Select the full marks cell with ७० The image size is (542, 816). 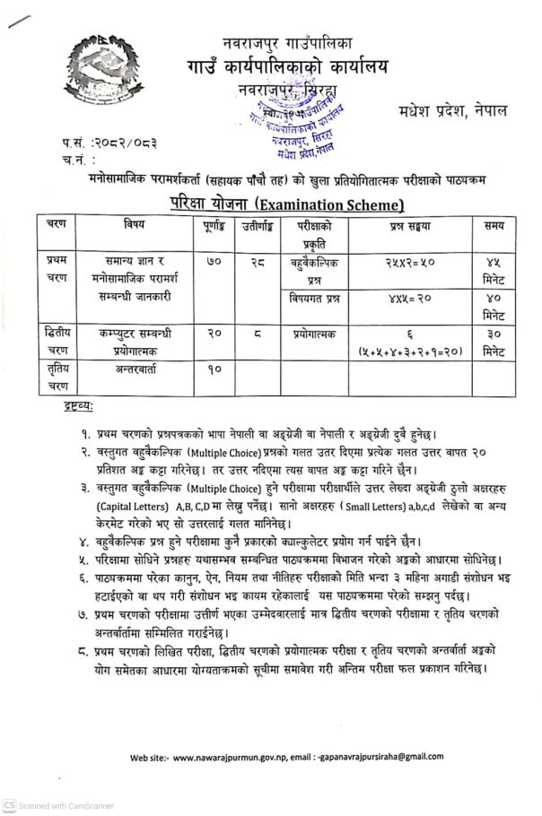[x=214, y=262]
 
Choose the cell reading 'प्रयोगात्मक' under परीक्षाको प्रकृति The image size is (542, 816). [x=313, y=333]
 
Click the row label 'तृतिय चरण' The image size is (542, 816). [x=57, y=377]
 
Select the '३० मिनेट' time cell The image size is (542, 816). [x=492, y=341]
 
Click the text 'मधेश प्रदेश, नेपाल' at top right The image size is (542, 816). [x=453, y=110]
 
